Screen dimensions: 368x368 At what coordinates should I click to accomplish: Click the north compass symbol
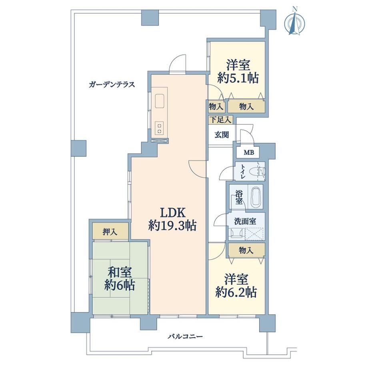click(x=295, y=22)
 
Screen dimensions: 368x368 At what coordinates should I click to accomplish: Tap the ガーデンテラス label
click(x=112, y=84)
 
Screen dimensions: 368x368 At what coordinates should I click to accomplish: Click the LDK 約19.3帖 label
click(x=172, y=219)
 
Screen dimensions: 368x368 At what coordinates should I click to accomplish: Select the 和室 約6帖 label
click(x=120, y=278)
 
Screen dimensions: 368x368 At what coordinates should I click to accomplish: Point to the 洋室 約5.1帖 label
click(x=238, y=72)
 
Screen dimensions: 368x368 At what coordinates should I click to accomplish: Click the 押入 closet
click(x=110, y=232)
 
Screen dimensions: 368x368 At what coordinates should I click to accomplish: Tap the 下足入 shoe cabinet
click(x=220, y=120)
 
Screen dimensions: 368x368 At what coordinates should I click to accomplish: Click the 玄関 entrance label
click(x=222, y=135)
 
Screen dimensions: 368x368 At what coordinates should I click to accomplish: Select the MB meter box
click(x=249, y=152)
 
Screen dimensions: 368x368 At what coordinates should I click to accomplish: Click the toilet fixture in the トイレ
click(x=258, y=171)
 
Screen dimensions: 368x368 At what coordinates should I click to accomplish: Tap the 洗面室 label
click(x=245, y=221)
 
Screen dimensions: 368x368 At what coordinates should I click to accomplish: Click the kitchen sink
click(x=159, y=101)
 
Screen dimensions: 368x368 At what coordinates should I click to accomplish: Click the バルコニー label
click(x=185, y=337)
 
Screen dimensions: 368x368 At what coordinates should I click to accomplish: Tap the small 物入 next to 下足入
click(x=216, y=107)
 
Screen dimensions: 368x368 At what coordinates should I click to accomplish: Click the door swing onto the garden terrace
click(x=178, y=62)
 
